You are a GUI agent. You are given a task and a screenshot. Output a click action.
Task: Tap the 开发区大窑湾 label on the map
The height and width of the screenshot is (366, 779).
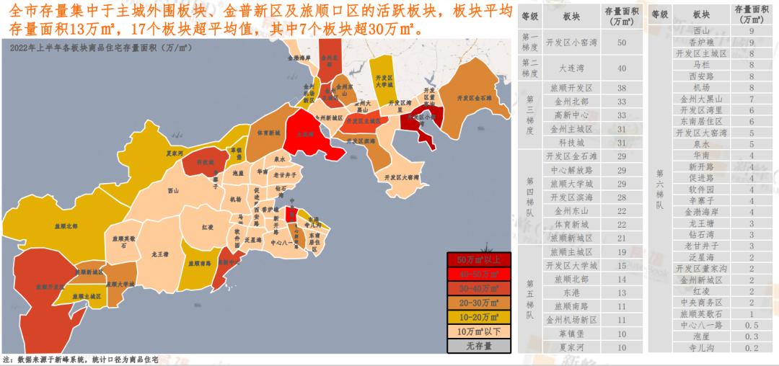pyautogui.click(x=400, y=176)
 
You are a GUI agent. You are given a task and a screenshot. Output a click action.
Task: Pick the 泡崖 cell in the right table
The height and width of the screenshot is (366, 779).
pyautogui.click(x=700, y=336)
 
